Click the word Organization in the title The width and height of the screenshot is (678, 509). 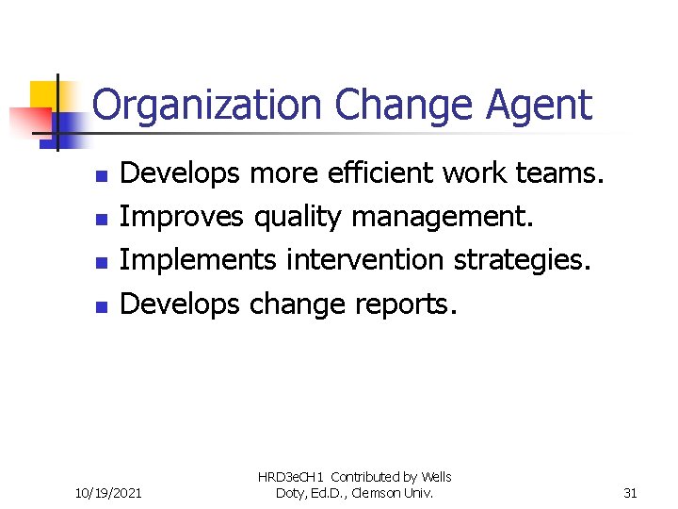(x=208, y=106)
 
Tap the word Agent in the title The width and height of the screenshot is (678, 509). (x=540, y=106)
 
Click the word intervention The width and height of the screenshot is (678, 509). (x=365, y=259)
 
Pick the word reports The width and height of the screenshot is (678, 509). (x=406, y=304)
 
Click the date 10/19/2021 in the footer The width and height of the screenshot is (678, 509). (x=109, y=491)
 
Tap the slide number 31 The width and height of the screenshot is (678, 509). (x=631, y=491)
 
